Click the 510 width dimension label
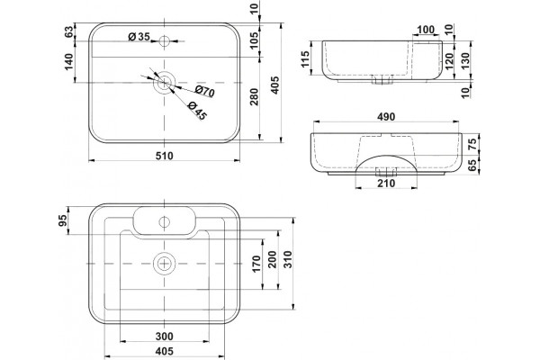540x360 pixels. click(165, 156)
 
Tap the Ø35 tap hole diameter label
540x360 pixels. click(139, 37)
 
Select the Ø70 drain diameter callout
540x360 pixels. click(204, 91)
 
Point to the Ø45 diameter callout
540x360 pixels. click(197, 111)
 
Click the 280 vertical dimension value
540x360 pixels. click(254, 97)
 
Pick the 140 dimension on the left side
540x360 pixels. click(69, 62)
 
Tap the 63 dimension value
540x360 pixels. click(69, 32)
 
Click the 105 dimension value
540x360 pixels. click(254, 40)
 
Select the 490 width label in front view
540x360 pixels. click(386, 117)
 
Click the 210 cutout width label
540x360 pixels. click(386, 184)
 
